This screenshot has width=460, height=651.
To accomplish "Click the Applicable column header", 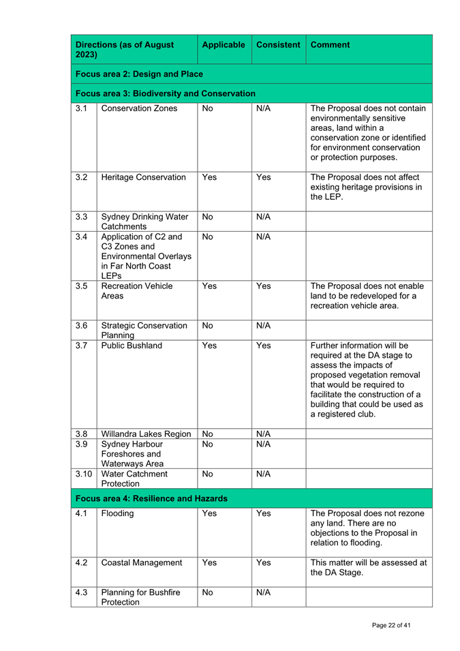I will (x=224, y=45).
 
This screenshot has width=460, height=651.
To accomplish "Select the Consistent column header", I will (x=278, y=45).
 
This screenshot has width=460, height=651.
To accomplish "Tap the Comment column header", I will (x=331, y=45).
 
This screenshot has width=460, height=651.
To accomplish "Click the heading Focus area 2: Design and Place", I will (x=139, y=74).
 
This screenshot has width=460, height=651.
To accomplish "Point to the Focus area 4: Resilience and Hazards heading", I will (x=151, y=498).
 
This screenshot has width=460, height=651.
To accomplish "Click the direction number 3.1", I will (x=82, y=108).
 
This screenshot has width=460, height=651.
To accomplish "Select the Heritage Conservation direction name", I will (x=143, y=177).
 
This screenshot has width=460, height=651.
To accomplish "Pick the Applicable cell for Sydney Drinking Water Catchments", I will (x=208, y=217).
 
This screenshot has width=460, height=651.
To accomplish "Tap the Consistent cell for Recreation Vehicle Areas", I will (x=264, y=286).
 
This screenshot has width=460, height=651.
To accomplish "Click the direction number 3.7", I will (x=82, y=346).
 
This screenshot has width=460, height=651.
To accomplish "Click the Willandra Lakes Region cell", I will (x=146, y=434).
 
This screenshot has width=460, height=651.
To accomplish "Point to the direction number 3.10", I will (x=83, y=473).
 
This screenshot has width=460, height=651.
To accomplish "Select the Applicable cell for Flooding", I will (x=209, y=513).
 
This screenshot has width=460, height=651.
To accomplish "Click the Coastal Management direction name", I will (x=142, y=563).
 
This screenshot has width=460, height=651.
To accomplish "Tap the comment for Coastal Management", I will (x=369, y=568).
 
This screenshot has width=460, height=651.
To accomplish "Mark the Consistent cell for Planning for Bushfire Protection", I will (x=264, y=592).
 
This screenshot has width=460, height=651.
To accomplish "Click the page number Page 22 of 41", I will (x=391, y=625).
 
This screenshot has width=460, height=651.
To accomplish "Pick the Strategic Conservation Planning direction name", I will (x=144, y=330).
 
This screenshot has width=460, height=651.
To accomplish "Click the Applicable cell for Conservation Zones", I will (x=208, y=108).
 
